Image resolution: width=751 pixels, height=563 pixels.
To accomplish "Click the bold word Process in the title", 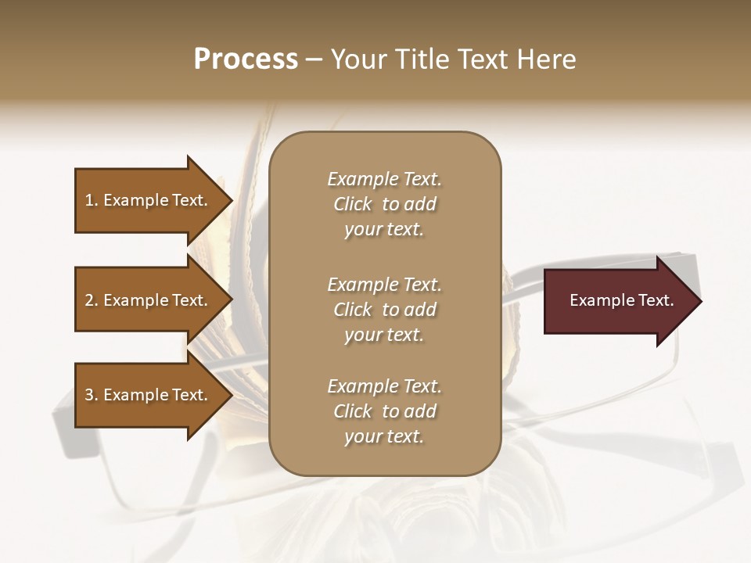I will tap(246, 59).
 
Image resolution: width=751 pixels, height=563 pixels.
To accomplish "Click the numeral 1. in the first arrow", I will tap(92, 200).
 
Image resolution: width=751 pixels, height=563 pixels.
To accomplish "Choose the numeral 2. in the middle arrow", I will tap(92, 300).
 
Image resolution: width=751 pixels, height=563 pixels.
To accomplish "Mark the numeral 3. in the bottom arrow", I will tap(92, 395).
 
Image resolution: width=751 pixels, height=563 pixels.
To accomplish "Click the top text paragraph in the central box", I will tap(384, 204).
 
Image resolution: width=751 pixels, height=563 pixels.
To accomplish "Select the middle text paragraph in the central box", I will tap(384, 310).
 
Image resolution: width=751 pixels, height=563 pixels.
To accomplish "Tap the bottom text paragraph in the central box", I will tap(384, 411).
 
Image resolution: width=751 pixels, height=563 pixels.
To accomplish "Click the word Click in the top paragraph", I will tap(352, 204).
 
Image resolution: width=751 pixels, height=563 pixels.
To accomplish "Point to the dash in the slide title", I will tap(314, 60).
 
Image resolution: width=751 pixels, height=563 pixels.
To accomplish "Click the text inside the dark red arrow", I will tap(621, 300).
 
